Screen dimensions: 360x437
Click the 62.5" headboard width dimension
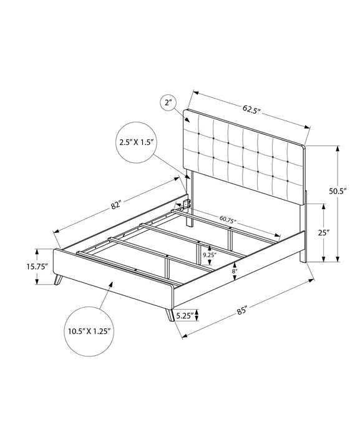coord(251,109)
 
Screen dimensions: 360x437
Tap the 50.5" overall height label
coord(338,191)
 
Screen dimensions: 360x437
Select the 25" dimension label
coord(324,232)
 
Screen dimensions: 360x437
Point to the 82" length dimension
coord(116,205)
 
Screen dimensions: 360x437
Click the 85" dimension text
coord(242,310)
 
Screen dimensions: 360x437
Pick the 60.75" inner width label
coord(228,219)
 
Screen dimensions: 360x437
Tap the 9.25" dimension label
coord(208,255)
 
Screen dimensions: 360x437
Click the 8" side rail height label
coord(235,272)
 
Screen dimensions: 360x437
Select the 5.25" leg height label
coord(185,315)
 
